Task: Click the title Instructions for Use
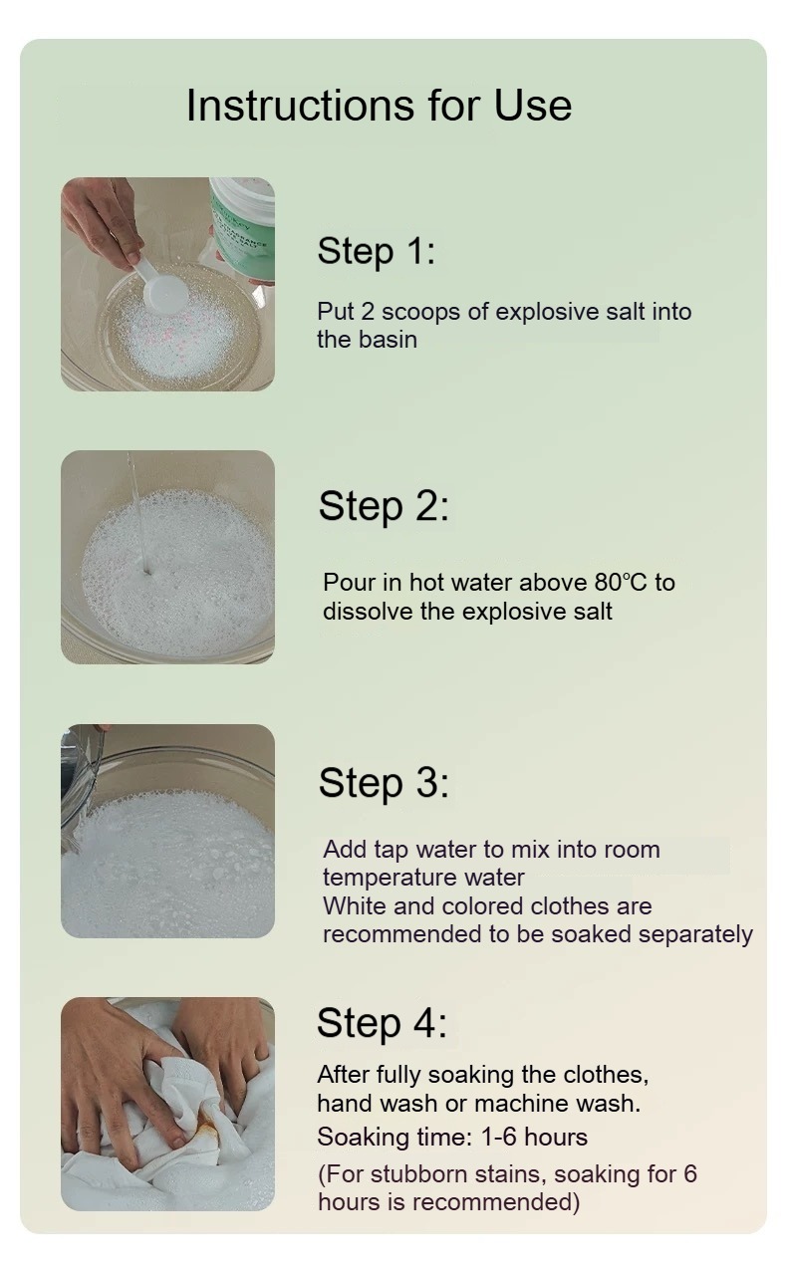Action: coord(379,106)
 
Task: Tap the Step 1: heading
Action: coord(377,251)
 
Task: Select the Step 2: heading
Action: coord(384,506)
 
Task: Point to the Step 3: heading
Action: coord(384,783)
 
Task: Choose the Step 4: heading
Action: coord(382,1023)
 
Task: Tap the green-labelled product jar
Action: coord(243,228)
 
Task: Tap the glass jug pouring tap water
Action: coord(82,786)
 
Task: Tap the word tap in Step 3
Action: coord(392,850)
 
